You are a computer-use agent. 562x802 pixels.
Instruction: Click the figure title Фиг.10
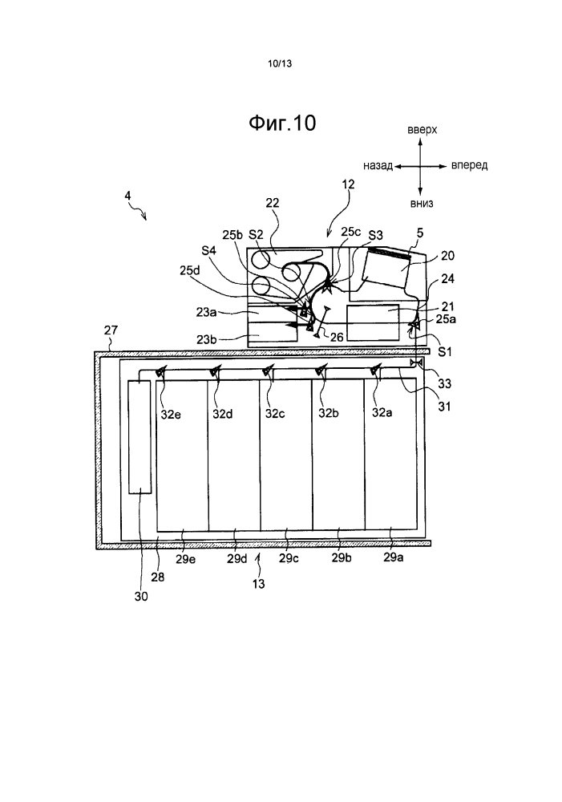tap(282, 123)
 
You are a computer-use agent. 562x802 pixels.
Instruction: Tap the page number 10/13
tap(280, 64)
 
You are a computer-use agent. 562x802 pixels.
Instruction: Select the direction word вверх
tap(423, 130)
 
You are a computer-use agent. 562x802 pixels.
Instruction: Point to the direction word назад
tap(378, 166)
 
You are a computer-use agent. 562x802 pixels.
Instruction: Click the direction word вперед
tap(470, 165)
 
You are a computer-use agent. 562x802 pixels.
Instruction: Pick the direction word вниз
tap(422, 204)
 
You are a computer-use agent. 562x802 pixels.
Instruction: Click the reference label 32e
tap(171, 415)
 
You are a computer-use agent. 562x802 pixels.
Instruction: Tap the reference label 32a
tap(382, 412)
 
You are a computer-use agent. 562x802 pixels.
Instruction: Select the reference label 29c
tap(289, 558)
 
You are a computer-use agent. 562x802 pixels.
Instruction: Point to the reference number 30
tap(141, 596)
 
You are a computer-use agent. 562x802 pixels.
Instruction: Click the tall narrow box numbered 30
tap(139, 437)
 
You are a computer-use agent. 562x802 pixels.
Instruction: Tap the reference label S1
tap(446, 351)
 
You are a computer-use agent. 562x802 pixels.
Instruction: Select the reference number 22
tap(273, 203)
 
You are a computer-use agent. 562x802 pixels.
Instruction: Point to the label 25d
tap(189, 269)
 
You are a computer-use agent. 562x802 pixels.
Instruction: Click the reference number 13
tap(259, 583)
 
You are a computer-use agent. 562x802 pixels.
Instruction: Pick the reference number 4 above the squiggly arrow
tap(127, 195)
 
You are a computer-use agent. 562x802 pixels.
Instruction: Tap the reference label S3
tap(375, 235)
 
